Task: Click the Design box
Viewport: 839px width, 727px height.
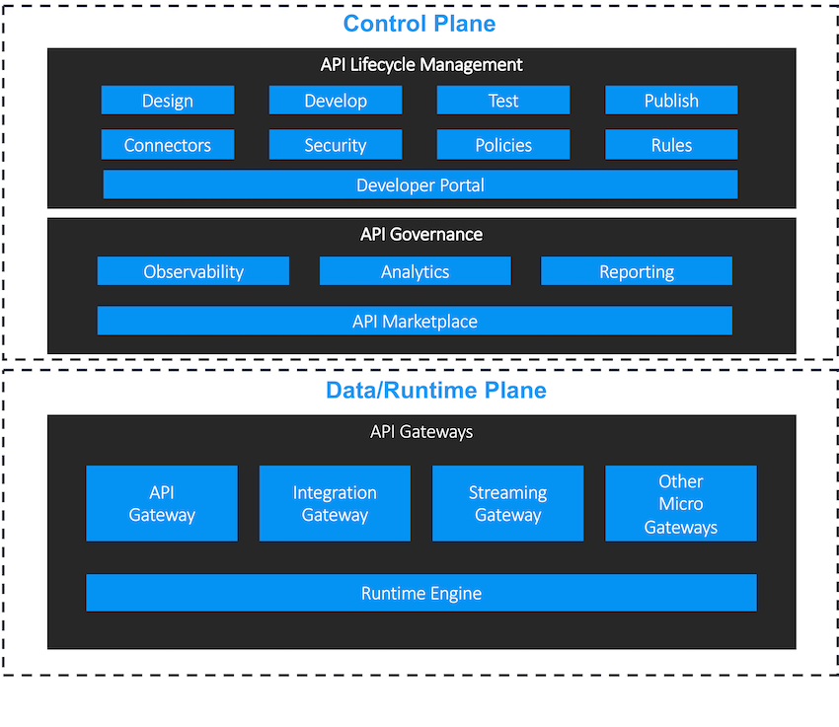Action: [168, 101]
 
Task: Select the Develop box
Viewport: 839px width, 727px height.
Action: [336, 101]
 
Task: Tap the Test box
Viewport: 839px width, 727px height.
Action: [503, 101]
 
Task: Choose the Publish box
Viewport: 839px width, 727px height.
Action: [671, 101]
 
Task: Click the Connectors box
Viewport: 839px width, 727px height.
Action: [168, 145]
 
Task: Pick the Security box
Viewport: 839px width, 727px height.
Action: [336, 145]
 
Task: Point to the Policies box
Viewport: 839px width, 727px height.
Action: [503, 145]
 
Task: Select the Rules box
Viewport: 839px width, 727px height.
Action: [671, 145]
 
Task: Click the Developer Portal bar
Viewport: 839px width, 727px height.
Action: [420, 184]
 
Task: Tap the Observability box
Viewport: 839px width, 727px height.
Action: [193, 271]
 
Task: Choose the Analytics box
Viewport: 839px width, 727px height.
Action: [416, 271]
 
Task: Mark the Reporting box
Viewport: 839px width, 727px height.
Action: [637, 271]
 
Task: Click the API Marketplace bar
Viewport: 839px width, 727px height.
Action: [415, 321]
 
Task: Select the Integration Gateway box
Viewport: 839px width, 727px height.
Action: [335, 503]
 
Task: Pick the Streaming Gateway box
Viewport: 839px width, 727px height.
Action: [507, 503]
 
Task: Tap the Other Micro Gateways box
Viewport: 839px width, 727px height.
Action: [681, 503]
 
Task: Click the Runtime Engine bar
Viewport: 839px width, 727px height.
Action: [421, 593]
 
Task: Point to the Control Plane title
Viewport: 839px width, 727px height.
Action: [419, 24]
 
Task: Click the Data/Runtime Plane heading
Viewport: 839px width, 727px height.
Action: [435, 390]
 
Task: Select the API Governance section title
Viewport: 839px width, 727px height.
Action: [421, 235]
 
